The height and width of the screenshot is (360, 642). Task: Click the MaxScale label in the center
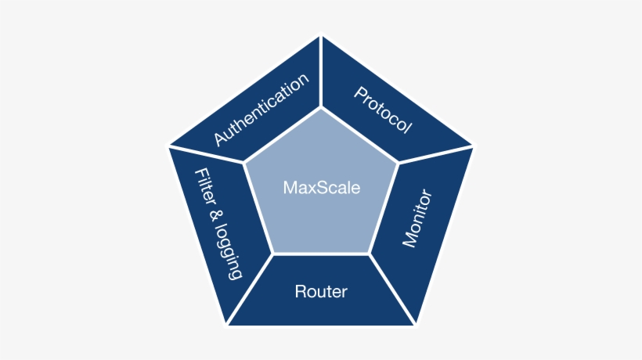click(321, 188)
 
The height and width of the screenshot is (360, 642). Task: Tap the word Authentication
click(262, 110)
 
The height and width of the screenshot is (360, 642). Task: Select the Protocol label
click(382, 110)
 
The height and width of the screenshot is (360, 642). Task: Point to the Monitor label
click(417, 218)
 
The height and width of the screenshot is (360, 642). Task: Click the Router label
click(321, 293)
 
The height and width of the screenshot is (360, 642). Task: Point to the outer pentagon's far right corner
click(473, 146)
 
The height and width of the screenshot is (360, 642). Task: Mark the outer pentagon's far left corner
click(169, 146)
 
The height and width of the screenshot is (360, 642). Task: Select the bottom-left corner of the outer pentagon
click(227, 324)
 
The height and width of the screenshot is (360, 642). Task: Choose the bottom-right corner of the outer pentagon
click(415, 324)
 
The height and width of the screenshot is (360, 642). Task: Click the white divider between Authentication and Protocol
click(321, 70)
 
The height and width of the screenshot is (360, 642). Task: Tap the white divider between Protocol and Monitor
click(435, 154)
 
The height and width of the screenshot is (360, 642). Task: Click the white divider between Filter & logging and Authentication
click(207, 154)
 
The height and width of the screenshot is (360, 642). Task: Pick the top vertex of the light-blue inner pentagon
click(321, 108)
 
